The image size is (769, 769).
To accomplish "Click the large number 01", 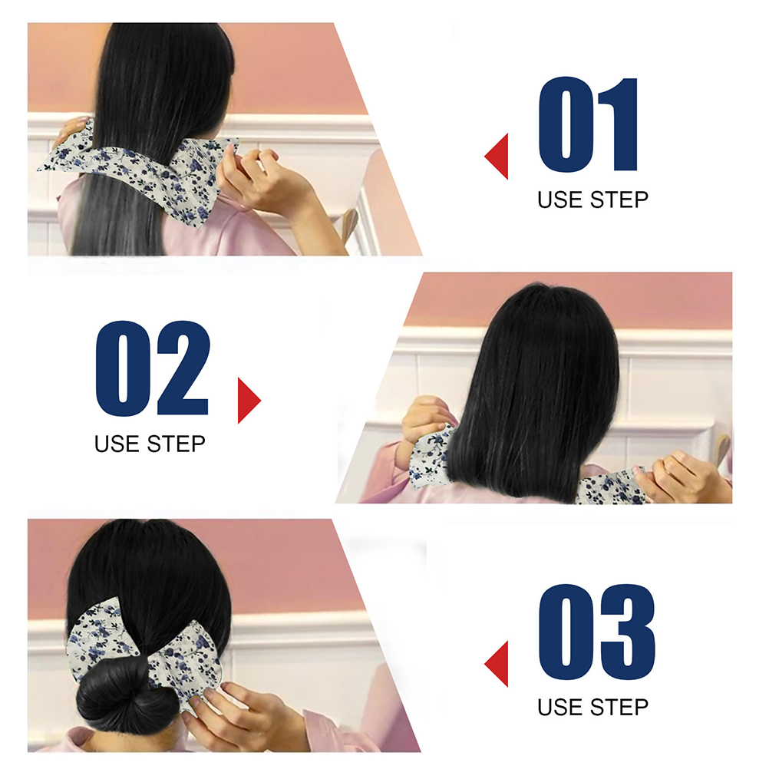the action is coord(588,124).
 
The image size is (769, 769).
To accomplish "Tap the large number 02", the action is coord(153,368).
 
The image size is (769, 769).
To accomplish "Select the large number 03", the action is coord(597,632).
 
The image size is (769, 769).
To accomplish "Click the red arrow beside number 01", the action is coord(497,156).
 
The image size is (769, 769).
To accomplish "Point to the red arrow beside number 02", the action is coord(249,400).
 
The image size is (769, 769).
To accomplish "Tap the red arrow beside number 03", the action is coord(497,664).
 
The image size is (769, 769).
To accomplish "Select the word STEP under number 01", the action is coord(619,200).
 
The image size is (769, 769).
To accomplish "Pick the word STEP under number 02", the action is coord(176,444).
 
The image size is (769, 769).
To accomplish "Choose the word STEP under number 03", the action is coord(619,707).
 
